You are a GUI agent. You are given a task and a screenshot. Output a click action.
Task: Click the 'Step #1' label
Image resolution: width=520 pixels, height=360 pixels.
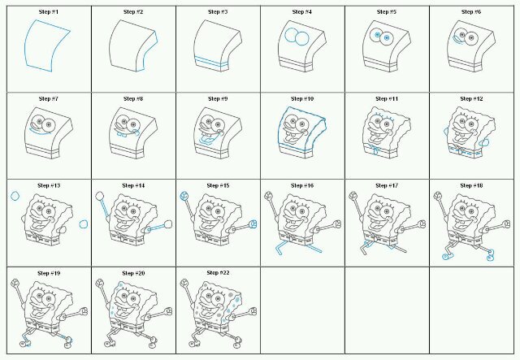49,12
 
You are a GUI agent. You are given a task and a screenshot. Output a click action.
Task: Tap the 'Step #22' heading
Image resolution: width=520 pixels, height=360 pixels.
218,273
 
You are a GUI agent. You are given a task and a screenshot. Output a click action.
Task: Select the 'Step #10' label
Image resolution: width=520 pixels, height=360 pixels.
302,99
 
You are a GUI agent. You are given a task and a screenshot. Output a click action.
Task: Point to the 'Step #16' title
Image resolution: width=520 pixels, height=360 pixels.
302,185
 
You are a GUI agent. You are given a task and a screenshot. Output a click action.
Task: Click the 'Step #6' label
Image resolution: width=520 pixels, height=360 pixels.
471,12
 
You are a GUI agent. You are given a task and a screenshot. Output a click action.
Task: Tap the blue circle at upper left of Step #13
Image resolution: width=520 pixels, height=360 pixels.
15,196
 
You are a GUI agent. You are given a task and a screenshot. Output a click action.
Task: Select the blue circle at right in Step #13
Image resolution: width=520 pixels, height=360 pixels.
84,224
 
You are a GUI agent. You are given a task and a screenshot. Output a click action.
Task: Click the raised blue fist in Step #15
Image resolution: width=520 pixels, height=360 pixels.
184,196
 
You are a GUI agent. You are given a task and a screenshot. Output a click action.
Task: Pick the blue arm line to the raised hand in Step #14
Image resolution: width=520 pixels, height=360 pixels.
104,208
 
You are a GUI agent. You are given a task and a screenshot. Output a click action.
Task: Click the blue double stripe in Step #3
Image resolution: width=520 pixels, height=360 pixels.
211,63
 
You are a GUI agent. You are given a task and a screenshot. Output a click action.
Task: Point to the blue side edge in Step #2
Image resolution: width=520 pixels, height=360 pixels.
148,53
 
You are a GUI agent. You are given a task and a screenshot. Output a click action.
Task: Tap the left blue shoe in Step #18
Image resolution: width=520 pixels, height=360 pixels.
447,256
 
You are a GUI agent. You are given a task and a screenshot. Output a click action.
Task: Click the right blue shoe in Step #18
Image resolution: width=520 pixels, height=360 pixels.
490,255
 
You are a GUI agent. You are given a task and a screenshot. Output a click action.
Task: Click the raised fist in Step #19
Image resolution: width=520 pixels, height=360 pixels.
15,283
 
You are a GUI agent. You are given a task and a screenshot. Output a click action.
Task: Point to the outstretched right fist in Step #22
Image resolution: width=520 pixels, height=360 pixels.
253,311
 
